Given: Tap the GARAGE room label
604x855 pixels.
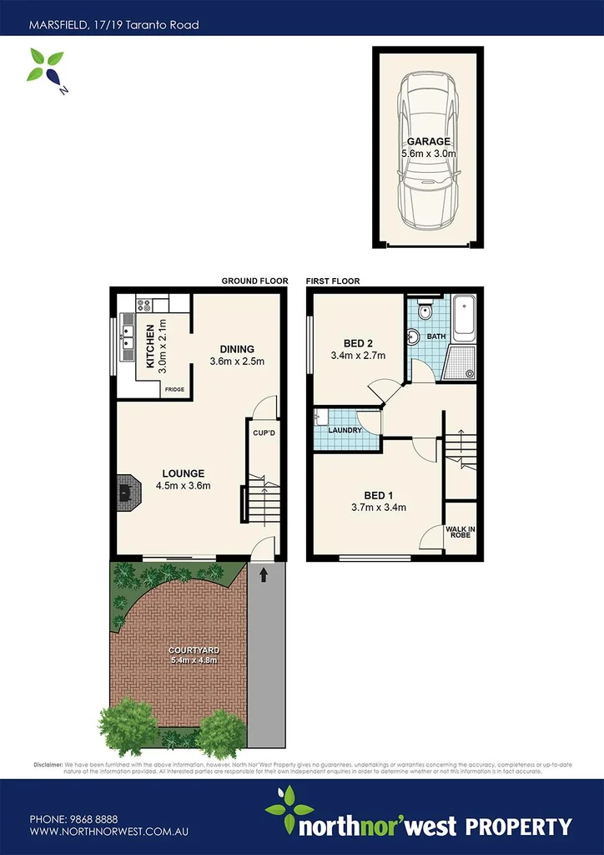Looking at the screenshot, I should pyautogui.click(x=428, y=142).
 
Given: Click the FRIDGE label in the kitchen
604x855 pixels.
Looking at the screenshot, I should pyautogui.click(x=174, y=389).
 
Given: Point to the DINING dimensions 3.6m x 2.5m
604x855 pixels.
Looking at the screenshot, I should pyautogui.click(x=237, y=362).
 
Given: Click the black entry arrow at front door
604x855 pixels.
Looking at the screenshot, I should pyautogui.click(x=264, y=574).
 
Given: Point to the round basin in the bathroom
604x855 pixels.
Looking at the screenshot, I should pyautogui.click(x=414, y=338).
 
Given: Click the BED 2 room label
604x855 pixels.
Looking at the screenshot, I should pyautogui.click(x=357, y=342).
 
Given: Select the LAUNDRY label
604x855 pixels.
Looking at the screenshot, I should pyautogui.click(x=346, y=430).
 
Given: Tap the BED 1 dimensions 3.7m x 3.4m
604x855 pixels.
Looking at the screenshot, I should pyautogui.click(x=378, y=507).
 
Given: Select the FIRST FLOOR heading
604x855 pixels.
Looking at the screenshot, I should pyautogui.click(x=333, y=281).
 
